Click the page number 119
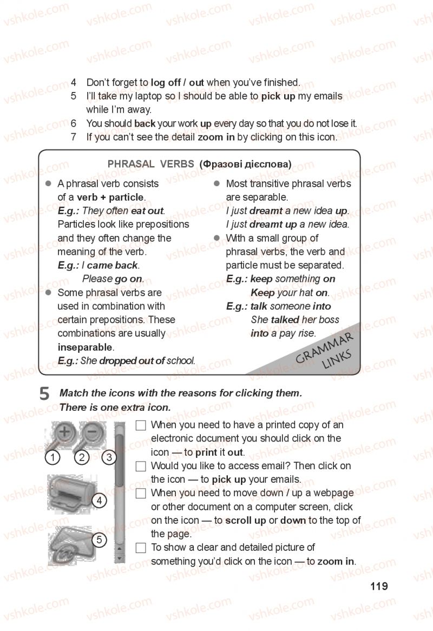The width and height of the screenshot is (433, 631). [x=379, y=586]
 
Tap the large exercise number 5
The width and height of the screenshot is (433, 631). [x=44, y=393]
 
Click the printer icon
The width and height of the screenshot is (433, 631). [x=71, y=494]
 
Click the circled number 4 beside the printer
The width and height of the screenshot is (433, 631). [x=99, y=501]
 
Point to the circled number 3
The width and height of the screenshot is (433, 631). [x=109, y=457]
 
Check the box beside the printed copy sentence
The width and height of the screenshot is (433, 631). [x=140, y=425]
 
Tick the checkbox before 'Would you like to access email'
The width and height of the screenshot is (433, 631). [x=140, y=466]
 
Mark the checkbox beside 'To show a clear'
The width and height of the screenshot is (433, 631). [x=140, y=548]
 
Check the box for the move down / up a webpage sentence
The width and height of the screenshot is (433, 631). [x=140, y=494]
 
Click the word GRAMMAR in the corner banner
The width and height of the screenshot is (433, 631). [x=324, y=347]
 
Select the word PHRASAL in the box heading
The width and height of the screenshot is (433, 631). [x=131, y=164]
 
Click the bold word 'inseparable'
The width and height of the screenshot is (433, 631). [x=86, y=347]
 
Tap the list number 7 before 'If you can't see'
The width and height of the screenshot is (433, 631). [x=73, y=137]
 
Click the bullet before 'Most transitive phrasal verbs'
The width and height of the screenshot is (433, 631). [x=216, y=183]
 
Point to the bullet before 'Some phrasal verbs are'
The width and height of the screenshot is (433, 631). [x=48, y=293]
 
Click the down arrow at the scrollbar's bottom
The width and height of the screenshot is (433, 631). [x=120, y=558]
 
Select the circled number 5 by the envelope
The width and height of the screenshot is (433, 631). [x=99, y=540]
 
